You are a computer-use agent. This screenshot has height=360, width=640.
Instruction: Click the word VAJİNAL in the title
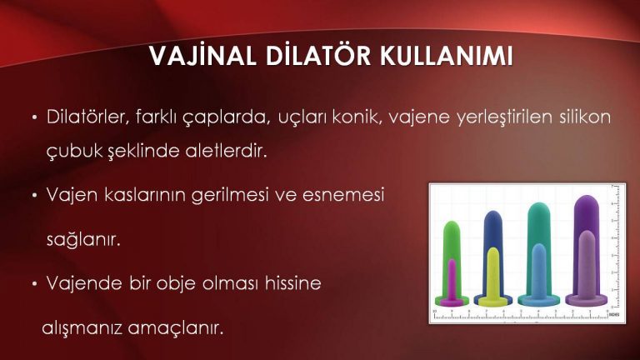(194, 59)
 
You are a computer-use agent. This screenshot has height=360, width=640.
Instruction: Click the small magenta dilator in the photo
(452, 280)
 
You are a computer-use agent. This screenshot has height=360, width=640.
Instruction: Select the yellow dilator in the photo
(493, 273)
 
